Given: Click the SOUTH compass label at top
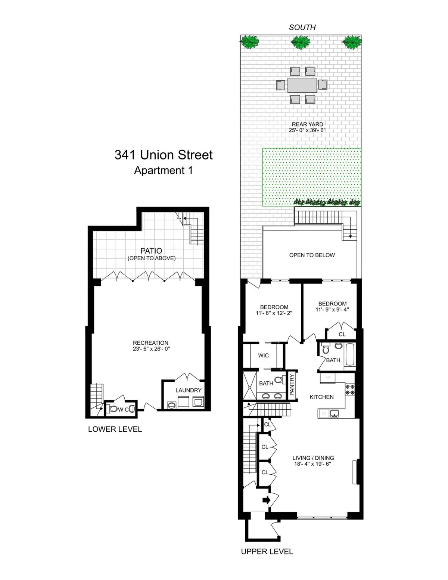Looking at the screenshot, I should [302, 27].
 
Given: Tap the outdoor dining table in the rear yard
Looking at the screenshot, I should [302, 85].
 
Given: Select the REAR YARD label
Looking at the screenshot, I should [307, 124].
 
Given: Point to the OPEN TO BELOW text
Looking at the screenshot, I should [312, 255].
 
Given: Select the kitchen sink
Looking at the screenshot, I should [335, 413].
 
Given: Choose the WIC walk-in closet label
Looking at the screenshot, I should [263, 356].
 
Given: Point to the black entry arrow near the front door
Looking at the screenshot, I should [267, 500].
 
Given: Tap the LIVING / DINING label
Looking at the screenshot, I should [313, 458].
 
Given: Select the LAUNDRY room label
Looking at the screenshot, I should [188, 390].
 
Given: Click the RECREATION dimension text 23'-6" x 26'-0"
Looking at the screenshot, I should [151, 349].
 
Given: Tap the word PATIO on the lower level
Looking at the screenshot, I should [151, 251].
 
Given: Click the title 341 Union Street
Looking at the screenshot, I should [164, 155].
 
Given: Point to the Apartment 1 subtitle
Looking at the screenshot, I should [164, 170].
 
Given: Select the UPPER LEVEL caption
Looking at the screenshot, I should [267, 552].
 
